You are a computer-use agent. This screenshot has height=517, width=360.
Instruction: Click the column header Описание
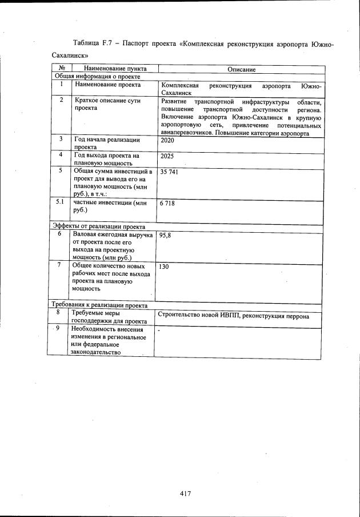(241, 69)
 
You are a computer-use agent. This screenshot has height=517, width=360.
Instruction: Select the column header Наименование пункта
(108, 69)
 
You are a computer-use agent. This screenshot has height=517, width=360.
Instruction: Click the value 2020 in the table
(167, 140)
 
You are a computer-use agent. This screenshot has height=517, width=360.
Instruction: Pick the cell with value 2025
(167, 156)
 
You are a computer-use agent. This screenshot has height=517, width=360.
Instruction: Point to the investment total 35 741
(170, 172)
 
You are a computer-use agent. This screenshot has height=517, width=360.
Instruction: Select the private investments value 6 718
(167, 204)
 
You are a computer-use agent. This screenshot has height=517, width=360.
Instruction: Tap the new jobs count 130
(164, 267)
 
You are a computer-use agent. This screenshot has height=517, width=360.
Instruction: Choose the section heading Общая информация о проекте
(97, 76)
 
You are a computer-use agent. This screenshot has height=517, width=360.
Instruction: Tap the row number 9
(58, 328)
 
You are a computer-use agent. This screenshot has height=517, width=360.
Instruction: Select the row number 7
(59, 265)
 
